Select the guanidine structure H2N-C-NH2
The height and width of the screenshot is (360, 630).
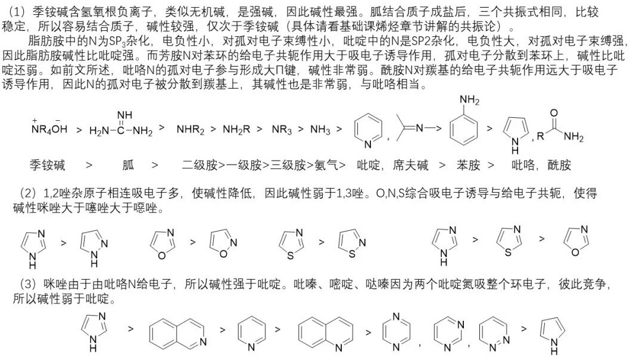click(121, 124)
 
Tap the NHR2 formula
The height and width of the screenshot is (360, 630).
click(191, 129)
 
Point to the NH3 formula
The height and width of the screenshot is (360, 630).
click(320, 129)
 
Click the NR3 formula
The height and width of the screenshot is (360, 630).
click(282, 129)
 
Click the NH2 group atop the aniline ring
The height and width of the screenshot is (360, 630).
click(469, 100)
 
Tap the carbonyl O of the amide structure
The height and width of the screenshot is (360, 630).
click(554, 113)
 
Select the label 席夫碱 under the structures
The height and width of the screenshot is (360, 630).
click(410, 165)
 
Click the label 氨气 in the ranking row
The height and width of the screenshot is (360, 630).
click(326, 165)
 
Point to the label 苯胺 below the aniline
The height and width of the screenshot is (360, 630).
click(468, 165)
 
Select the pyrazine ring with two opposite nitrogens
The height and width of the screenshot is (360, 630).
click(396, 331)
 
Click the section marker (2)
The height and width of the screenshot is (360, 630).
click(27, 193)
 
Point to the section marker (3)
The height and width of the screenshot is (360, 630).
click(27, 284)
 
